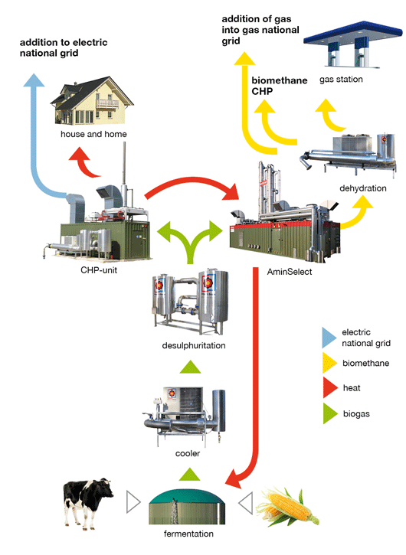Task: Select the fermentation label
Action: tap(188, 534)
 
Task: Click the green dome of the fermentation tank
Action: tap(187, 497)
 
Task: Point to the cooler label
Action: tap(188, 453)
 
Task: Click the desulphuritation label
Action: tap(194, 345)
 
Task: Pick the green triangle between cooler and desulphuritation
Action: tap(190, 367)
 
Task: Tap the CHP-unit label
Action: tap(99, 270)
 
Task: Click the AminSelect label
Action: tap(290, 272)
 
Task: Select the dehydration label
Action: tap(363, 188)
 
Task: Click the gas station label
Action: tap(341, 80)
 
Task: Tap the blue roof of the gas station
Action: tap(353, 34)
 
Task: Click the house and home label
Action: tap(93, 134)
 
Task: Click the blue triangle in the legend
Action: tap(329, 338)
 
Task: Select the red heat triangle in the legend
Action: tap(329, 387)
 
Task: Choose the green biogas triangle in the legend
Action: tap(330, 413)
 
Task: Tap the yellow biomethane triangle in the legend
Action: tap(329, 363)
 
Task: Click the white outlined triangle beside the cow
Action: tap(133, 502)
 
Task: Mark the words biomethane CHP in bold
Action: tap(280, 86)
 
